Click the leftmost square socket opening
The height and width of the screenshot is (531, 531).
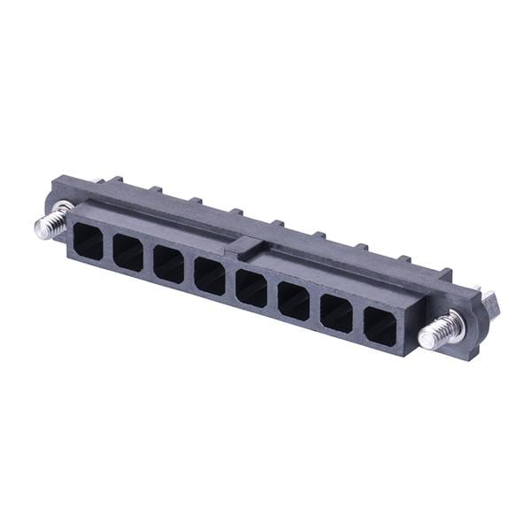click(x=88, y=239)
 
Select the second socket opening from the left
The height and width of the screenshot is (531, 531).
click(x=128, y=253)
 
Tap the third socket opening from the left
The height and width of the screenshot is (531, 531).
click(x=168, y=265)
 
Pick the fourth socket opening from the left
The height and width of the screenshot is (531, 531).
click(x=210, y=276)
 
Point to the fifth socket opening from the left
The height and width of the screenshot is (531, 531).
click(x=251, y=289)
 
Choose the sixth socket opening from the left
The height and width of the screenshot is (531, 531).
click(x=294, y=302)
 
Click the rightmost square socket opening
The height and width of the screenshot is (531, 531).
click(x=381, y=327)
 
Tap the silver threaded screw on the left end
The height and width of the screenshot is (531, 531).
click(x=53, y=219)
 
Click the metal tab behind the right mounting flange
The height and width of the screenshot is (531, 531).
click(x=489, y=297)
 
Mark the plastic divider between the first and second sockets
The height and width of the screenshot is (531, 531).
click(x=108, y=247)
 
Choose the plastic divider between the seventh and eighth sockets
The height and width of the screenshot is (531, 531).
click(x=358, y=321)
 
